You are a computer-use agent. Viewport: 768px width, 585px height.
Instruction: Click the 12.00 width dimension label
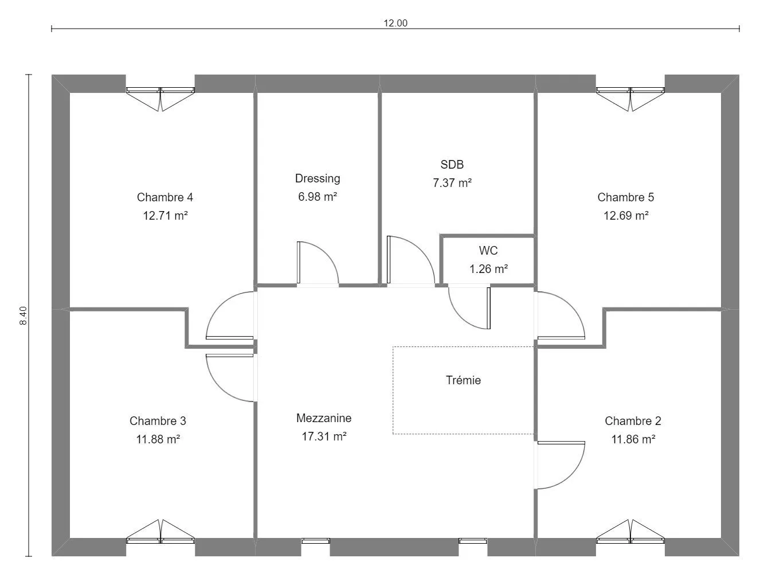(x=395, y=23)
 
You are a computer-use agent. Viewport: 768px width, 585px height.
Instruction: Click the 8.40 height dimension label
(x=23, y=315)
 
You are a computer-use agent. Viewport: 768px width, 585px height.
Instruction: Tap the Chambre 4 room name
(x=165, y=197)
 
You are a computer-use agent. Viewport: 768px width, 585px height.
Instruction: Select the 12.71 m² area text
(x=165, y=215)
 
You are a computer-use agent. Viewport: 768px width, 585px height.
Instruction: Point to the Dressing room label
(x=318, y=178)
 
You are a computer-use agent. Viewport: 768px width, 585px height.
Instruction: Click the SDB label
(x=452, y=165)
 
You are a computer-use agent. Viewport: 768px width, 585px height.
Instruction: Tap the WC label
(x=488, y=251)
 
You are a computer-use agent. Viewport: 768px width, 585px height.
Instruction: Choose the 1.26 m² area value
(x=488, y=269)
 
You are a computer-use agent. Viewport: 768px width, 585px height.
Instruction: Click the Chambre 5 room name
(x=626, y=197)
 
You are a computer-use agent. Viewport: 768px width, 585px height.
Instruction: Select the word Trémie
(x=463, y=380)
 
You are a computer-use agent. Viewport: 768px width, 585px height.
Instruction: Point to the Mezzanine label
(x=324, y=418)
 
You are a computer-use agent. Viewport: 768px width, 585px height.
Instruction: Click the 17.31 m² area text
(x=324, y=436)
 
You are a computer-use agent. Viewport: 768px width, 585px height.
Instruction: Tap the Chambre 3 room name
(x=158, y=421)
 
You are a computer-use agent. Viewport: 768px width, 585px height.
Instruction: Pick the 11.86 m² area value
(x=633, y=439)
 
